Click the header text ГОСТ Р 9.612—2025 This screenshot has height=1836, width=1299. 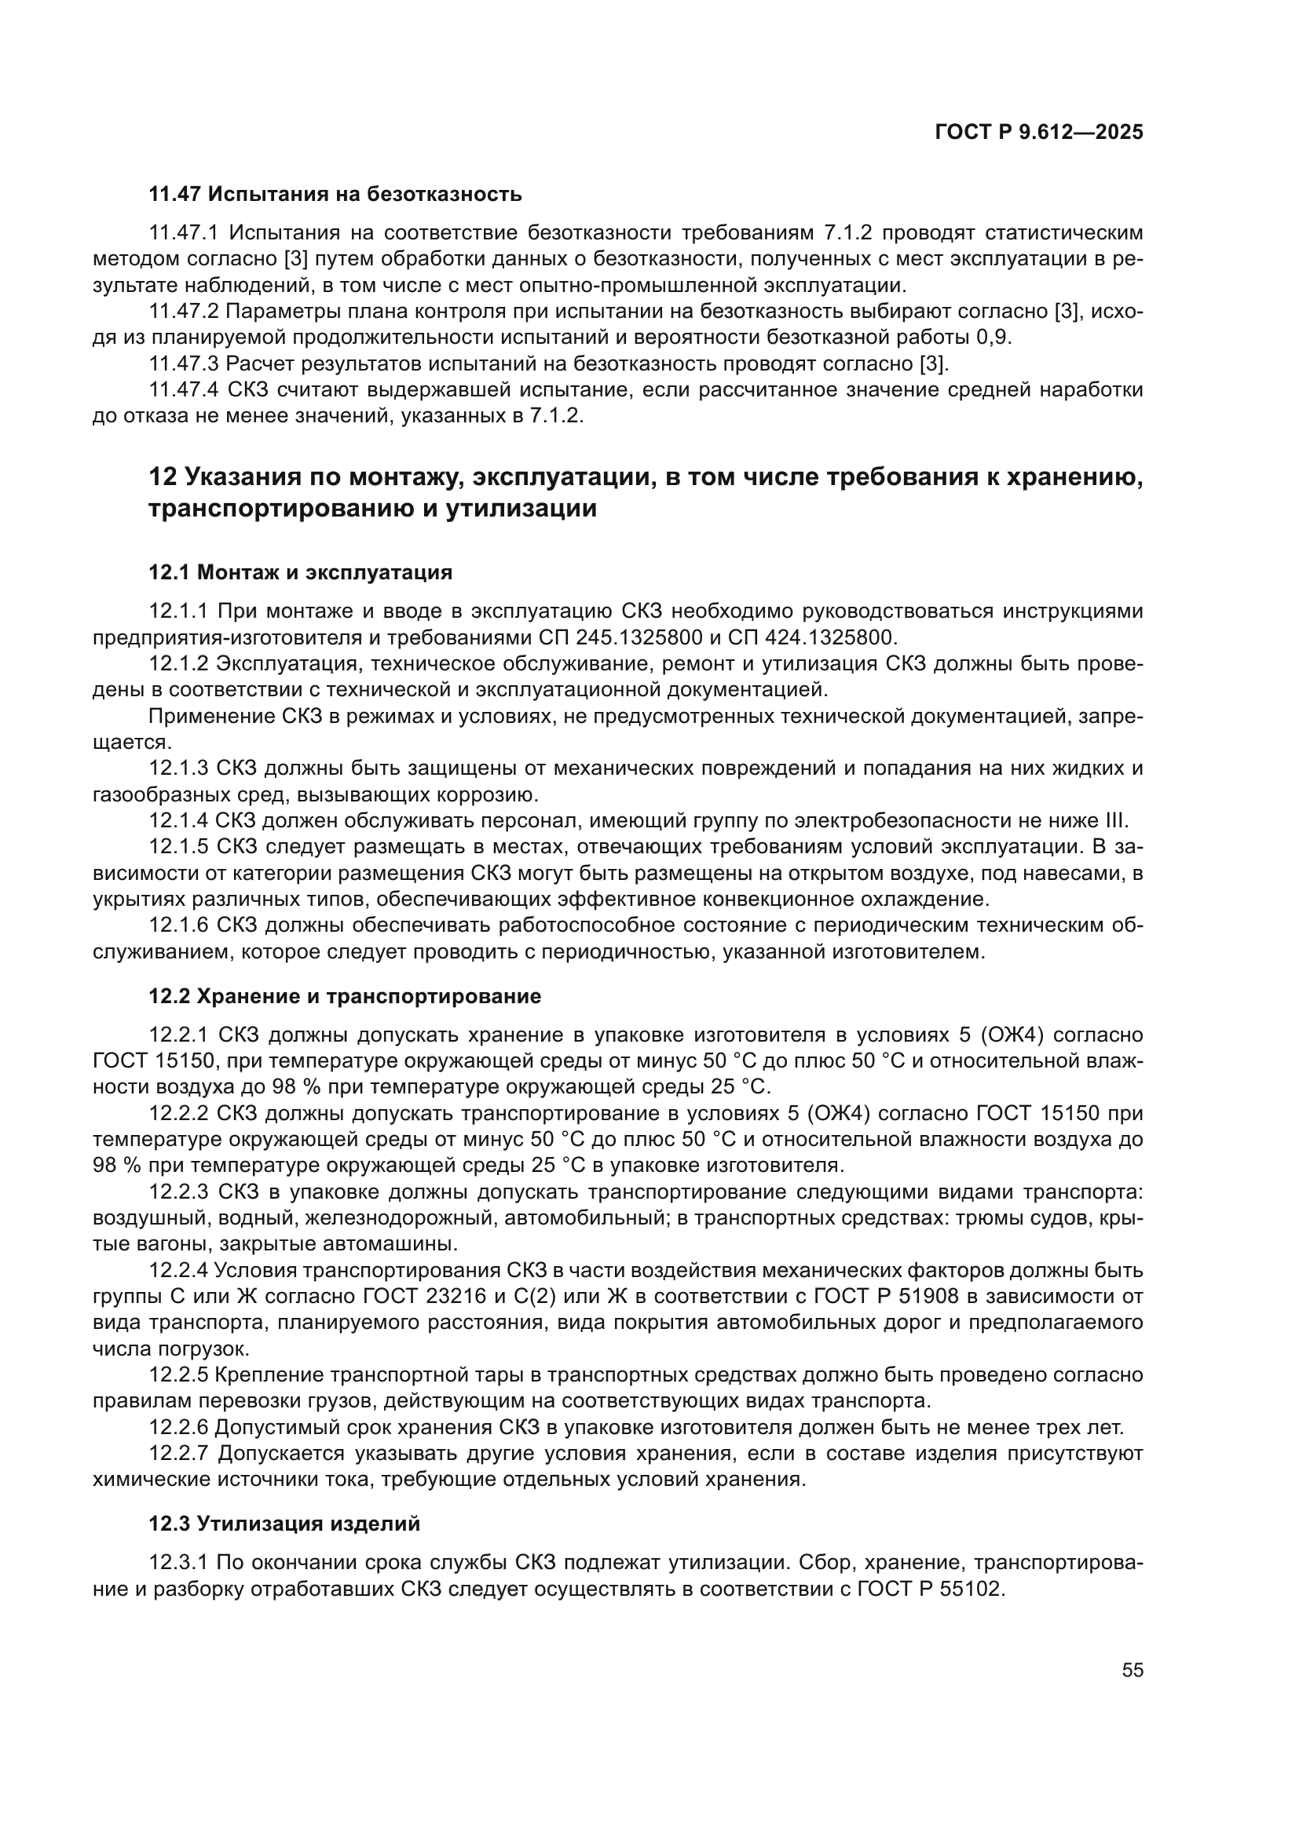(x=1038, y=133)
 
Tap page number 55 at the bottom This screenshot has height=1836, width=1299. (x=1132, y=1670)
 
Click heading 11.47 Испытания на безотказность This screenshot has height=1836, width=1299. (x=335, y=194)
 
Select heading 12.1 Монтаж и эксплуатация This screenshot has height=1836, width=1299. (x=301, y=572)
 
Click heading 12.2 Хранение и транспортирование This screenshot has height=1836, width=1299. (x=345, y=996)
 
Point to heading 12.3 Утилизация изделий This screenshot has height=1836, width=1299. (x=284, y=1524)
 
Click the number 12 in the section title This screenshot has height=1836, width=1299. (x=163, y=477)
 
